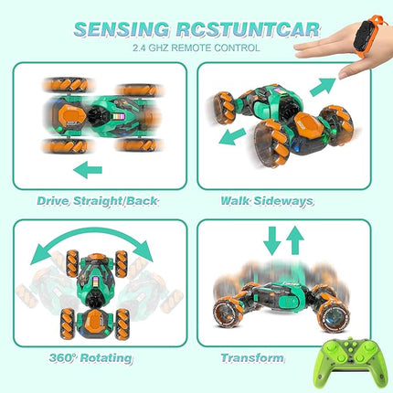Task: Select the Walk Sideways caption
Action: (x=266, y=199)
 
